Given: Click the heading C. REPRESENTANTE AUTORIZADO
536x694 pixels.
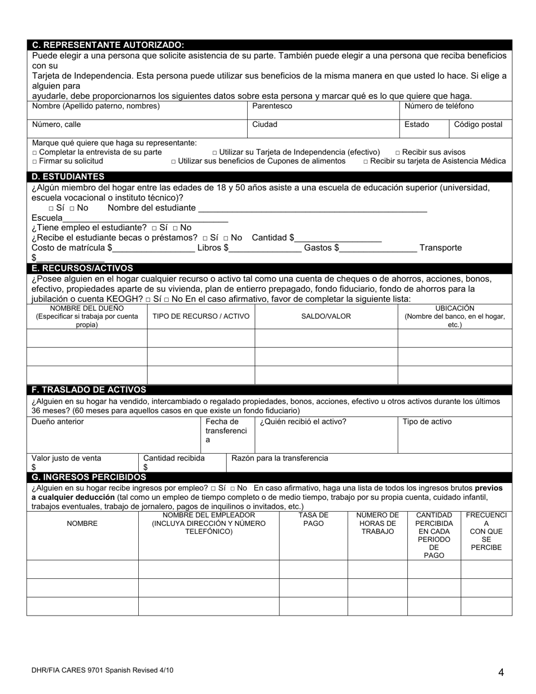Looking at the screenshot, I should (x=108, y=45).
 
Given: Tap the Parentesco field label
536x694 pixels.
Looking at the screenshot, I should (x=272, y=106).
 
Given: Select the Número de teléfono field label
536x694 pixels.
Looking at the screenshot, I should (x=439, y=106).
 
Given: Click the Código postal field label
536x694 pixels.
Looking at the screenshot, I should (x=478, y=125).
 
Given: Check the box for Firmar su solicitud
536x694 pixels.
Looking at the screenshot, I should (x=34, y=161).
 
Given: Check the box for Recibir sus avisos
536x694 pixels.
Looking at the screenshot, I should (x=398, y=152).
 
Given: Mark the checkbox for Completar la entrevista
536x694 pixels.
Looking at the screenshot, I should (x=34, y=152).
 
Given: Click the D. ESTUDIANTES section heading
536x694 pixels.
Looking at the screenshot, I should (x=68, y=176).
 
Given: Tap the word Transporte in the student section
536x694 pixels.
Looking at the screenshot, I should (x=441, y=248).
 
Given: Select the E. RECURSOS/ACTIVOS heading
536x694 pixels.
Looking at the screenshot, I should (x=82, y=268).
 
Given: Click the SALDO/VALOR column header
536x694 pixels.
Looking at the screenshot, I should (x=326, y=316).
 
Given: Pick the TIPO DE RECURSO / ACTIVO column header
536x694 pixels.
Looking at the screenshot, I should (x=201, y=316).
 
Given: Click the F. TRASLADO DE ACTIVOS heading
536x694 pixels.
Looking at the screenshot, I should (x=89, y=389).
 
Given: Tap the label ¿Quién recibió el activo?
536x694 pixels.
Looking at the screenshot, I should (x=303, y=421).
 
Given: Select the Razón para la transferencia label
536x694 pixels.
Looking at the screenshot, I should (x=279, y=458).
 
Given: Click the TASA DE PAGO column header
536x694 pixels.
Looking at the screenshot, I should (x=313, y=520).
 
